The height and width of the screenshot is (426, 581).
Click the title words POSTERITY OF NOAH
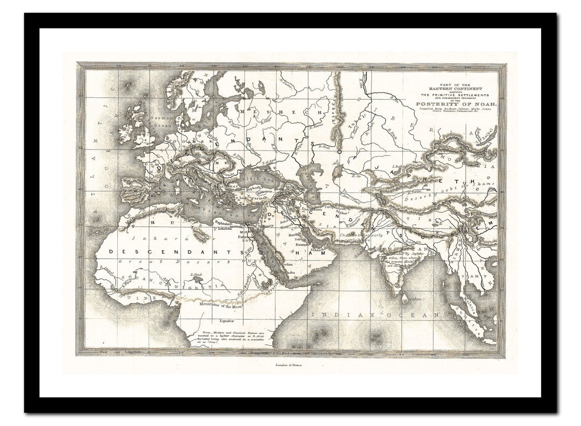[456, 104]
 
